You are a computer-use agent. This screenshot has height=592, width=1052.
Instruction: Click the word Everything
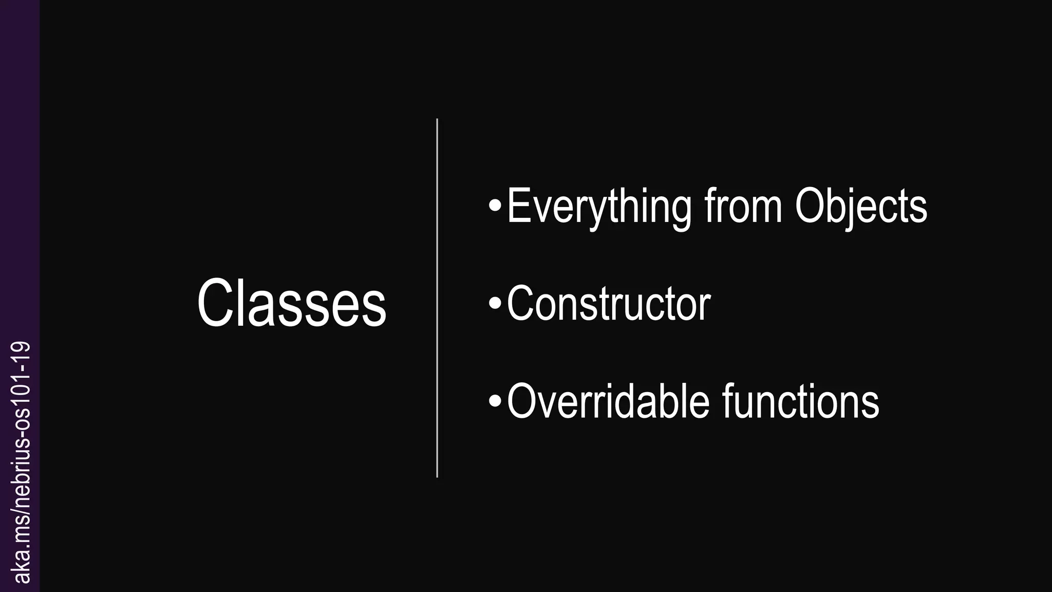tap(599, 207)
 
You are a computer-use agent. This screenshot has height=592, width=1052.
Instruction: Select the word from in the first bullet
tap(743, 207)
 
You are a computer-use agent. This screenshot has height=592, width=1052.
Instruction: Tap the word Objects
tap(861, 207)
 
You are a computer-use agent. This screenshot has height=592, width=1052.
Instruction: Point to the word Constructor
tap(609, 304)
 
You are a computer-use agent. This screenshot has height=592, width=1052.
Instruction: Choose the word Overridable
tap(608, 401)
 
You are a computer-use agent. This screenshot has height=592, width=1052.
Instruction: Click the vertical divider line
tap(437, 298)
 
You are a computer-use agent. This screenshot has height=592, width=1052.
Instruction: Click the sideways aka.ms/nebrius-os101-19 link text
tap(23, 462)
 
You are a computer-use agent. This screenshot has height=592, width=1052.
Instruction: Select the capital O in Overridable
tap(522, 401)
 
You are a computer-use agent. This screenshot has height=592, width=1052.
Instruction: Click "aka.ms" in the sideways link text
tap(23, 555)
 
